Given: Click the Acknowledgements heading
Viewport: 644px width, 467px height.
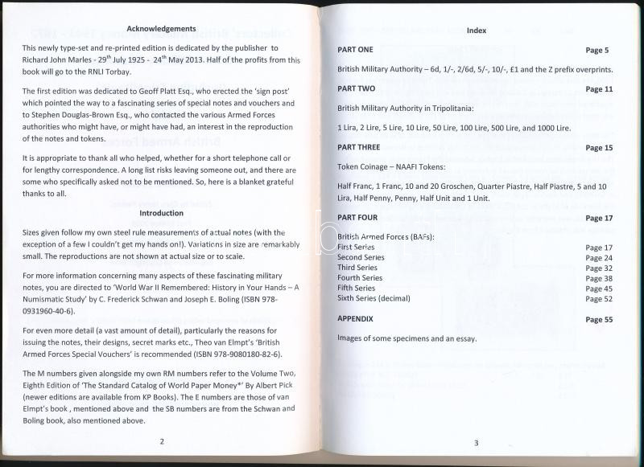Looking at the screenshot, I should click(161, 27).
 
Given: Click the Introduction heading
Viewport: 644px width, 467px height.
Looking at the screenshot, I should click(161, 213).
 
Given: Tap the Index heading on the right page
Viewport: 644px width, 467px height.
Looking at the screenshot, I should click(476, 30).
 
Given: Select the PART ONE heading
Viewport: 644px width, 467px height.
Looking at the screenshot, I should click(355, 50).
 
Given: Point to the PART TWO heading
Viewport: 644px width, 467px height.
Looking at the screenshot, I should click(356, 88).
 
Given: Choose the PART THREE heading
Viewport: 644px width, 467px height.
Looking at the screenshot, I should click(359, 147).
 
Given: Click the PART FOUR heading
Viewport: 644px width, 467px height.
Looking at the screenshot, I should click(357, 218).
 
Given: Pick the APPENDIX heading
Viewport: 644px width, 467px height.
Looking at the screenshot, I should click(355, 319).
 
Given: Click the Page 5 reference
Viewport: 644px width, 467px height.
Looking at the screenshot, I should click(598, 50).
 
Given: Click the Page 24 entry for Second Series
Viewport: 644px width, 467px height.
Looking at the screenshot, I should click(599, 258).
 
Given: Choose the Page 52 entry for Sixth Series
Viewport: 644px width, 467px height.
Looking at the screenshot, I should click(599, 298).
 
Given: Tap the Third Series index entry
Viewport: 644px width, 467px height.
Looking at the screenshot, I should click(358, 268).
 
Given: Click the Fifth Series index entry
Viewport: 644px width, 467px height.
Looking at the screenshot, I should click(357, 288).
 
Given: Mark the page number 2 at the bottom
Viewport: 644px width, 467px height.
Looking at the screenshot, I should click(161, 440).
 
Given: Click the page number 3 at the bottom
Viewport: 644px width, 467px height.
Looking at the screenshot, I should click(476, 443).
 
